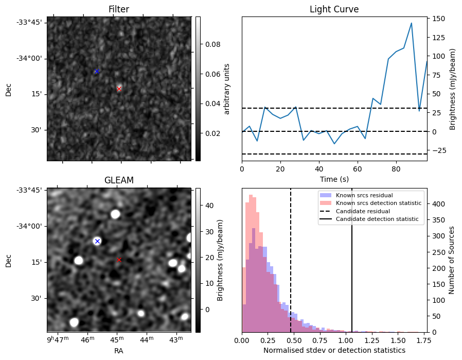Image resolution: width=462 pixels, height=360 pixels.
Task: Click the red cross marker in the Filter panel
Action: (119, 89)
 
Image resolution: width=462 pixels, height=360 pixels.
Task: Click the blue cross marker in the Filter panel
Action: (97, 71)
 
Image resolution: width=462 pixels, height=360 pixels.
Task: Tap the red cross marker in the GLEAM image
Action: (119, 260)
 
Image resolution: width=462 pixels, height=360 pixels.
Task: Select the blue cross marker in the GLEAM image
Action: (97, 241)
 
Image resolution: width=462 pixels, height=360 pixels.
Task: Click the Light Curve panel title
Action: (334, 9)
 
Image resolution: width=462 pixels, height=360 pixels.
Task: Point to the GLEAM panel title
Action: (119, 180)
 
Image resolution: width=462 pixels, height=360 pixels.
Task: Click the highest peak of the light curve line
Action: (412, 23)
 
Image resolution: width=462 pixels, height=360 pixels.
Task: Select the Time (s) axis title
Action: (334, 178)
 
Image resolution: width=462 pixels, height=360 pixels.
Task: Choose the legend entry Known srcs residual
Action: (364, 196)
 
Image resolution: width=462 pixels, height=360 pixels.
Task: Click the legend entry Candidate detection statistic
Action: (377, 219)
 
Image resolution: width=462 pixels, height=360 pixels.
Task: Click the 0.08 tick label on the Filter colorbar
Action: (213, 45)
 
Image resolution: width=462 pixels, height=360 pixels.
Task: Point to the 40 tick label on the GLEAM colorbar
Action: (209, 205)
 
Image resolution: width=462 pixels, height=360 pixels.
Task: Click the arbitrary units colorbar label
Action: (227, 89)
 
